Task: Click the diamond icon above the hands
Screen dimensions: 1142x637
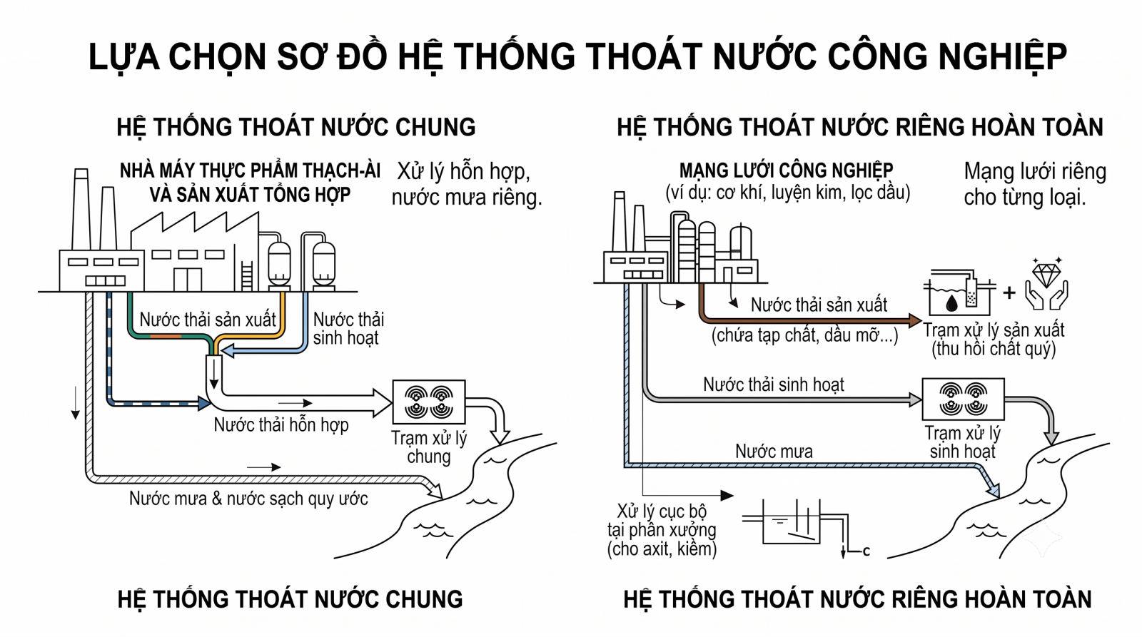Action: point(1046,274)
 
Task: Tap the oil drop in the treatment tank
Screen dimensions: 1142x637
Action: point(951,302)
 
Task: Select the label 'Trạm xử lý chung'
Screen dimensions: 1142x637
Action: point(429,447)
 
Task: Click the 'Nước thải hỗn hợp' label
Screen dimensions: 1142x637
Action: point(281,424)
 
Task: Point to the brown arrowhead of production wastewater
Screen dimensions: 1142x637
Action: point(914,320)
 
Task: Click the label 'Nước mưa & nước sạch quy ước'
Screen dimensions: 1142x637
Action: point(248,499)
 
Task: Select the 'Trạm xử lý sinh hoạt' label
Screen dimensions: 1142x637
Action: point(963,442)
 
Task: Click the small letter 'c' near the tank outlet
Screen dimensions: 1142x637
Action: point(866,551)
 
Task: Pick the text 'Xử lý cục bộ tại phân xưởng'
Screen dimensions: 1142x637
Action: point(662,520)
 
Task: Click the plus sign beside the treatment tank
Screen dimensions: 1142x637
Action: point(1009,292)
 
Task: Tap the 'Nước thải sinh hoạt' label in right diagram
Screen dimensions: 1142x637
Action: point(774,384)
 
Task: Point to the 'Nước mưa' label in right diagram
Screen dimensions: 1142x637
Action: point(774,451)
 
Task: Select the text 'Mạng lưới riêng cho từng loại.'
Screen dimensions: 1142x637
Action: point(1035,184)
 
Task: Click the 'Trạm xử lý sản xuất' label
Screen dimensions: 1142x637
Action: point(994,330)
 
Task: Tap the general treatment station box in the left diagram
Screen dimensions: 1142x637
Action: point(429,402)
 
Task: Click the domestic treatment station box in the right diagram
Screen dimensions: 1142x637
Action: point(963,399)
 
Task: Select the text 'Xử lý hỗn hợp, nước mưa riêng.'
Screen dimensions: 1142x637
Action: point(467,184)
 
